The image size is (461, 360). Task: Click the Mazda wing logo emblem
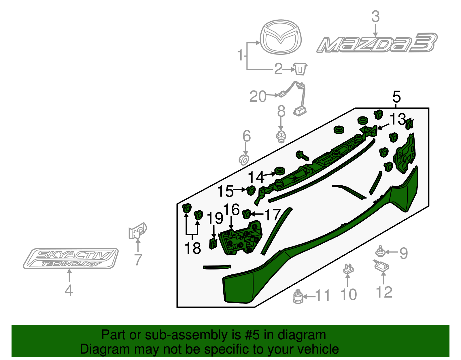pos(281,37)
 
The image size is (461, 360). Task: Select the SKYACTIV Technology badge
pos(71,259)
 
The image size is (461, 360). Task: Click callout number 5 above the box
pos(396,97)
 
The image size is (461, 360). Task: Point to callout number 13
pos(398,119)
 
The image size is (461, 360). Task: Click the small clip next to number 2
pos(301,69)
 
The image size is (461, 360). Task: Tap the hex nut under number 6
pos(244,159)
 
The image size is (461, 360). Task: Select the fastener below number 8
pos(281,136)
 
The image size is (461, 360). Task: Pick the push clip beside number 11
pos(298,297)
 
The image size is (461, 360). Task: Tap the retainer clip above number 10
pos(348,269)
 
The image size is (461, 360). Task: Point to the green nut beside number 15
pos(251,190)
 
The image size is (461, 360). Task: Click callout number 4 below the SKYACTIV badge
pos(69,290)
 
